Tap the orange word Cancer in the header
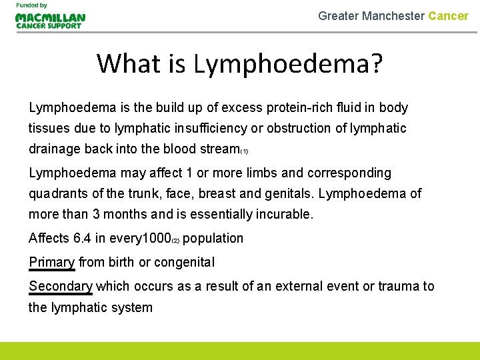(x=448, y=15)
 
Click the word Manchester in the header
(x=393, y=15)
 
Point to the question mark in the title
(x=375, y=63)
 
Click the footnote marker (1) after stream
(x=244, y=151)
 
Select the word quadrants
(x=55, y=194)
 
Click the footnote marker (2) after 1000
(x=175, y=240)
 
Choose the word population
(x=213, y=238)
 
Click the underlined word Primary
(x=51, y=262)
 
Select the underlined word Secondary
(x=60, y=286)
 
